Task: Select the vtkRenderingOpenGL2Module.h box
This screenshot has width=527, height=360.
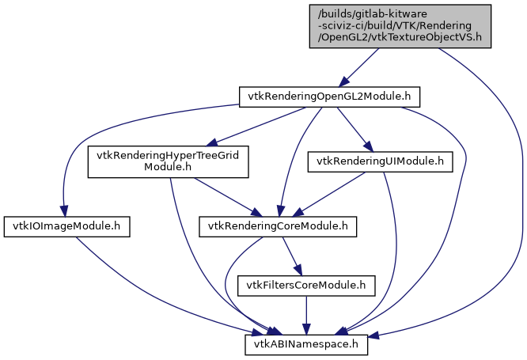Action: [329, 97]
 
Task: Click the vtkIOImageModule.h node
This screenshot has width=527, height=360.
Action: [66, 226]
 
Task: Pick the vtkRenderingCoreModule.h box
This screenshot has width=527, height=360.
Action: [277, 226]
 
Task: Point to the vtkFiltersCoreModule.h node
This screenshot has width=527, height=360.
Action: [307, 285]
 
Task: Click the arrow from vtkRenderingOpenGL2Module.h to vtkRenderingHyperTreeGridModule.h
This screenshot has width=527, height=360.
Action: [253, 127]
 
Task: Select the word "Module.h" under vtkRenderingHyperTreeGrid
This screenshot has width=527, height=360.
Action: [168, 167]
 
